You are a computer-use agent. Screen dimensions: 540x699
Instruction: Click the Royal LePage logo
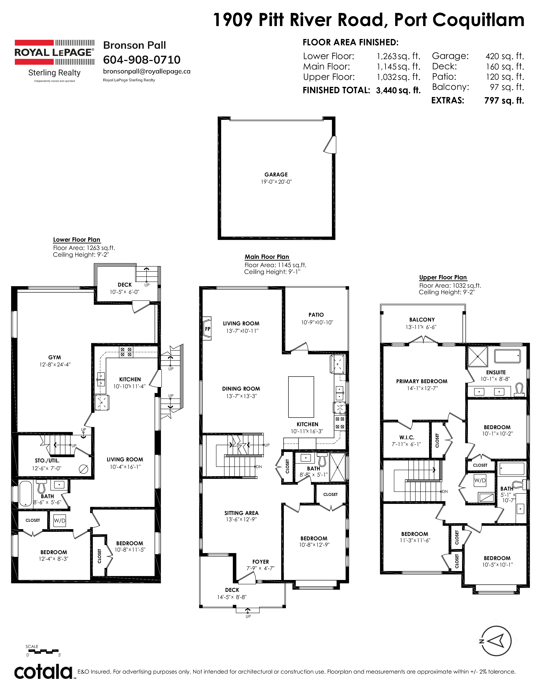tap(54, 61)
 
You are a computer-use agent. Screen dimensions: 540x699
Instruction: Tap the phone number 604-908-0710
tap(142, 60)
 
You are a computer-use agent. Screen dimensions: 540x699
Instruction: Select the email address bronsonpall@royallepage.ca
tap(147, 71)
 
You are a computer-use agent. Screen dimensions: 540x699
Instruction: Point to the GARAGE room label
tap(276, 174)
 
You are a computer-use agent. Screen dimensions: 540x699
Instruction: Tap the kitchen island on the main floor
tap(301, 397)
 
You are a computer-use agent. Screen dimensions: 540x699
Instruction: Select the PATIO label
tap(316, 315)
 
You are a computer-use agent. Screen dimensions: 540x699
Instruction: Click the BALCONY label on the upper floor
tap(422, 319)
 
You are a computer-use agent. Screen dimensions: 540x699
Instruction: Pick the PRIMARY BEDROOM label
tap(422, 381)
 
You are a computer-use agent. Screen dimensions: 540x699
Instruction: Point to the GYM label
tap(55, 357)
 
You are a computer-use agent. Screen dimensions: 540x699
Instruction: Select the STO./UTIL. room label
tap(47, 460)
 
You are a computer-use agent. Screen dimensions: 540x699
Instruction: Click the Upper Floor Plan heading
tap(443, 277)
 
